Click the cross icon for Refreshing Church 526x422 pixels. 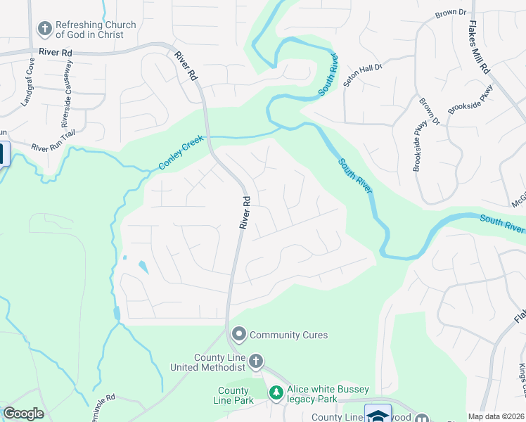(44, 28)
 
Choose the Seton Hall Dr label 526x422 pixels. (363, 67)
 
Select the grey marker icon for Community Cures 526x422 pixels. (238, 335)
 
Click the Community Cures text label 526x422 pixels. (288, 335)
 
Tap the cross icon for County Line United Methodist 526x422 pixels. (256, 362)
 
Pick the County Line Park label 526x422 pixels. (233, 395)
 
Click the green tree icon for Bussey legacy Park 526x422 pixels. (276, 392)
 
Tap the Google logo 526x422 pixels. (23, 414)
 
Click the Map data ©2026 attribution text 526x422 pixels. (496, 416)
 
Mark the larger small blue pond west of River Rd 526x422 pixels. (143, 267)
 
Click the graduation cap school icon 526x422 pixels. (378, 415)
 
